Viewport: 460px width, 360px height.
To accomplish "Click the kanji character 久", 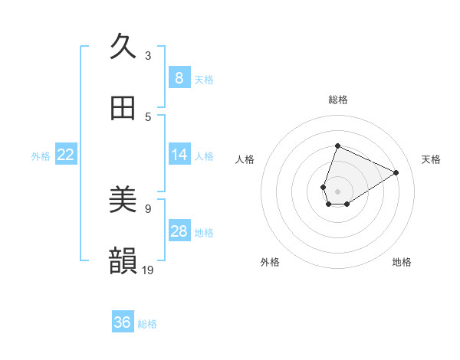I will pos(123,46).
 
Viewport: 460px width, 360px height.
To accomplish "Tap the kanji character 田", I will pos(123,108).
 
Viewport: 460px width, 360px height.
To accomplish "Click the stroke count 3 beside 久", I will pos(148,55).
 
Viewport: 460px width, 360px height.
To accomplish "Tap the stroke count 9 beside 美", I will pos(148,208).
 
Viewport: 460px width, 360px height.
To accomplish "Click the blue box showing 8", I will pos(179,77).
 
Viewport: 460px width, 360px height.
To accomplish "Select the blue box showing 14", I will pos(179,155).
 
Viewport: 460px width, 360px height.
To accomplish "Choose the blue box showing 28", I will pos(179,231).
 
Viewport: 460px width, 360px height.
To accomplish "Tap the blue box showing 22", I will pos(65,155).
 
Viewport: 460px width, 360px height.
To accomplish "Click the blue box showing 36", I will pos(122,322).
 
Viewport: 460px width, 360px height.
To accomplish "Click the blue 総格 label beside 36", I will pos(147,324).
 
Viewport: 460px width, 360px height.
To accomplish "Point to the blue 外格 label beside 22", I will pos(41,156).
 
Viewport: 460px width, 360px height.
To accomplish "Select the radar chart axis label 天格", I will pos(431,159).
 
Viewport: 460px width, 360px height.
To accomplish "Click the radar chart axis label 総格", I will pos(337,100).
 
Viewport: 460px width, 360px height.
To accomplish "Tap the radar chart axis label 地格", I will pos(402,262).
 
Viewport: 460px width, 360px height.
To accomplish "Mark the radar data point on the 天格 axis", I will pos(396,172).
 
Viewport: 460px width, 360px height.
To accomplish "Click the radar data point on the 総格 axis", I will pos(337,146).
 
